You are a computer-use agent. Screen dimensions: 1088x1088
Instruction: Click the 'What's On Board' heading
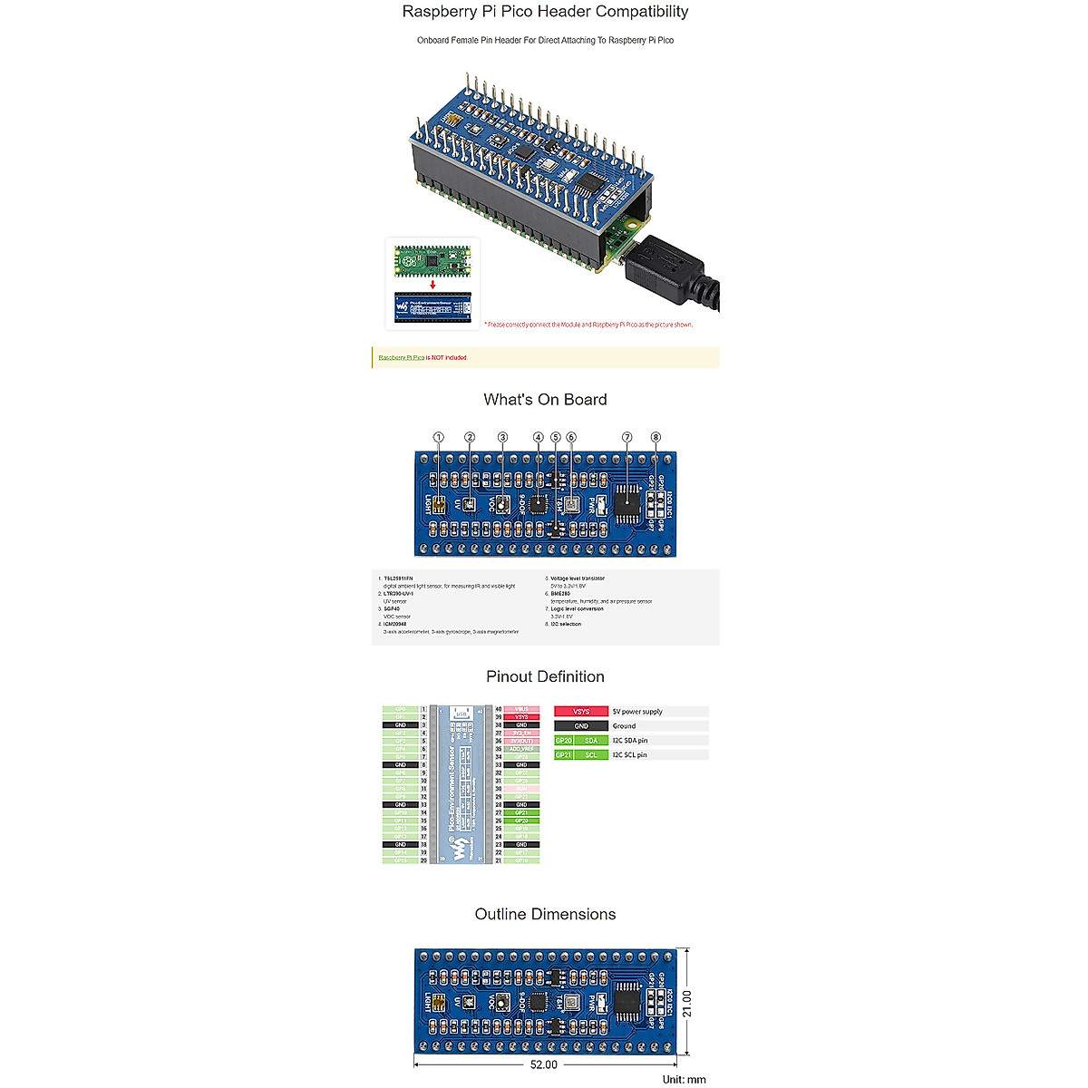pos(545,400)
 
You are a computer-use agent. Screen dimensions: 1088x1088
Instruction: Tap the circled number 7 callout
pos(627,437)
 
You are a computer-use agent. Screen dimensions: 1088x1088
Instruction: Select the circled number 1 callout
pos(439,437)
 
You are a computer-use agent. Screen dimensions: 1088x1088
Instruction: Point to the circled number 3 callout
pos(503,437)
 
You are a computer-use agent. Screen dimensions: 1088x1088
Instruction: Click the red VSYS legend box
pos(581,712)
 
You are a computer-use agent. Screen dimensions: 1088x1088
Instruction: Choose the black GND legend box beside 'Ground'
pos(581,726)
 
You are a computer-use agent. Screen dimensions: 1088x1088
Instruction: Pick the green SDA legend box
pos(591,741)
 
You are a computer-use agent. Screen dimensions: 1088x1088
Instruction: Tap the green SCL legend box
pos(591,755)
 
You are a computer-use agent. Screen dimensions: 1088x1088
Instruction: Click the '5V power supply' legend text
pos(637,712)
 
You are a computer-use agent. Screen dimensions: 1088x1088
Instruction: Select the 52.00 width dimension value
pos(544,1065)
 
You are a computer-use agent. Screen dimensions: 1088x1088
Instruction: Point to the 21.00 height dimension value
pos(687,1003)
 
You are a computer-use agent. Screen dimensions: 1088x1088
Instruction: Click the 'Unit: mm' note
pos(684,1079)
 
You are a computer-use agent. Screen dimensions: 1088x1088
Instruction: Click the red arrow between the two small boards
pos(432,284)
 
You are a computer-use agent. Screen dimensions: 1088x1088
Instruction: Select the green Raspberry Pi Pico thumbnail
pos(432,262)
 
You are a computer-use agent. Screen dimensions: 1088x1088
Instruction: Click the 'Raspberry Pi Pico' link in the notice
pos(401,358)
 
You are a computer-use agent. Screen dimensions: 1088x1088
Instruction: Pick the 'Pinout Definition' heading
pos(545,677)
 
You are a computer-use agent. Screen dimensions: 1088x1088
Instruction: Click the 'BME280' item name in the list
pos(560,594)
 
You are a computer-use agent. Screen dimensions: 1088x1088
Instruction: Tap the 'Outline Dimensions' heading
pos(545,915)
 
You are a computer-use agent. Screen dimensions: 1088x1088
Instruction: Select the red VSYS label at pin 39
pos(521,717)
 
